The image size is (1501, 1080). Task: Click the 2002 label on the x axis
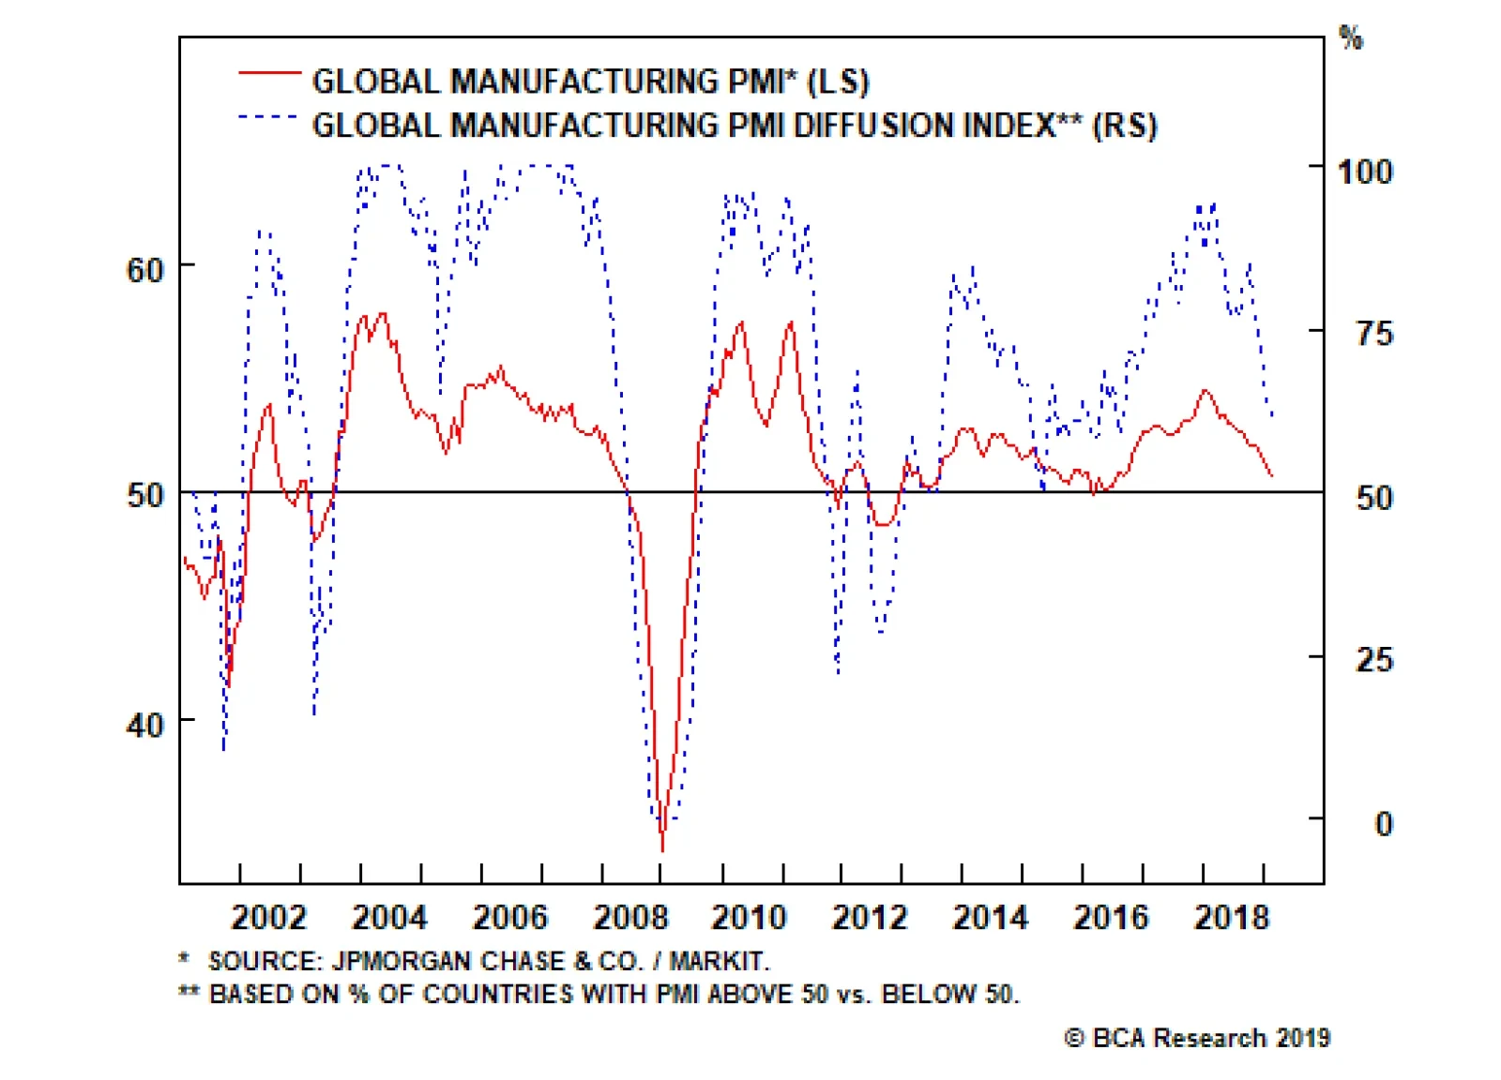[268, 917]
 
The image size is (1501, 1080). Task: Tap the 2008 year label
[630, 917]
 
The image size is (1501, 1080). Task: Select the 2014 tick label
[991, 917]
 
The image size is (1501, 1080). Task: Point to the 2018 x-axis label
[1232, 917]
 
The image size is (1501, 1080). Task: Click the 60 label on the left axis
[144, 271]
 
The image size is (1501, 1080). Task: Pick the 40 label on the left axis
[144, 725]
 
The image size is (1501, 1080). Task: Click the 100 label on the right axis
[1365, 172]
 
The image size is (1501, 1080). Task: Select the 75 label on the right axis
[1374, 335]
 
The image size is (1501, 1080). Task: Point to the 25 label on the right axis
[1374, 661]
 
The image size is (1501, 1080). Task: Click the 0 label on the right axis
[1384, 825]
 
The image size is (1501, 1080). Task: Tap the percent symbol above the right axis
[1351, 39]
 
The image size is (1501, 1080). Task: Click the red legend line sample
[269, 72]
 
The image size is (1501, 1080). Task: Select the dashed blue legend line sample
[269, 117]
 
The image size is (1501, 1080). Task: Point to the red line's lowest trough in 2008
[663, 848]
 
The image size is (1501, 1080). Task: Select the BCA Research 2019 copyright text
[1197, 1039]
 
